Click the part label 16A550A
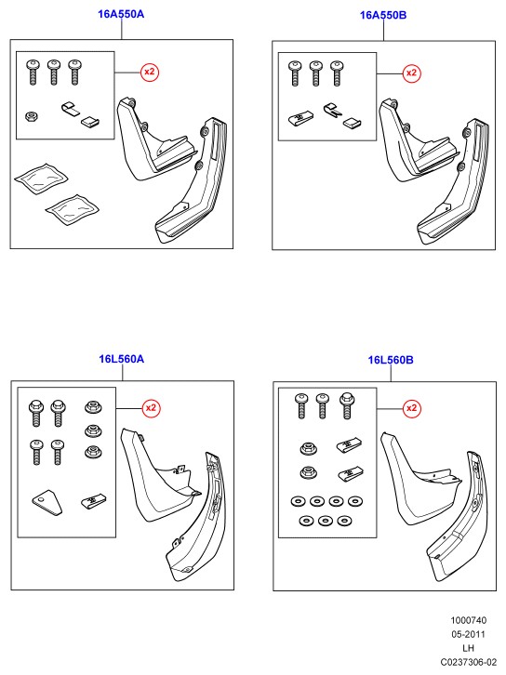(121, 14)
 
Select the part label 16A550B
(383, 15)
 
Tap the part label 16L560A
(122, 359)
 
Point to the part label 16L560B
(390, 360)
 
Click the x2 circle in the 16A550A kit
(150, 72)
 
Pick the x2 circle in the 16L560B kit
(412, 407)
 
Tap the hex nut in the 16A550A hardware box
(31, 116)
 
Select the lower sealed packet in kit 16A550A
(73, 209)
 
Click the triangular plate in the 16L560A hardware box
(47, 502)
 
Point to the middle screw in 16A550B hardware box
(315, 73)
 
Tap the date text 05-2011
(468, 634)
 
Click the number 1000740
(468, 620)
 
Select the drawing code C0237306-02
(468, 662)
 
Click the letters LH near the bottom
(468, 648)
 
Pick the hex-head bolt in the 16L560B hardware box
(347, 405)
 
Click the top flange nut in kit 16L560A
(93, 407)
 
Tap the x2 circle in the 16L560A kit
(152, 407)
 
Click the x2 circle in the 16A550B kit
(411, 73)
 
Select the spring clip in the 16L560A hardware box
(93, 501)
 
